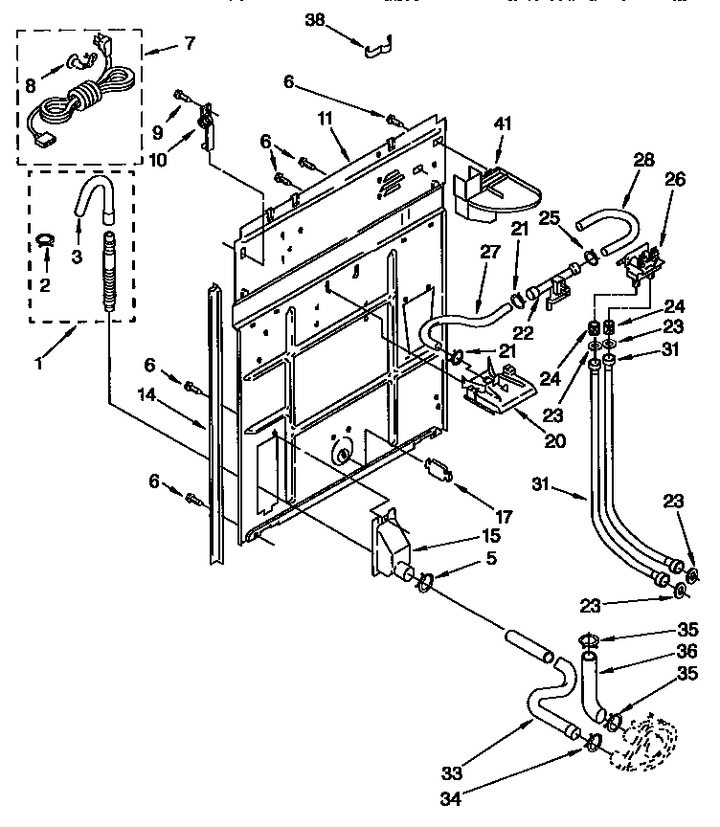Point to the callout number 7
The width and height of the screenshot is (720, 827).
point(189,43)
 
